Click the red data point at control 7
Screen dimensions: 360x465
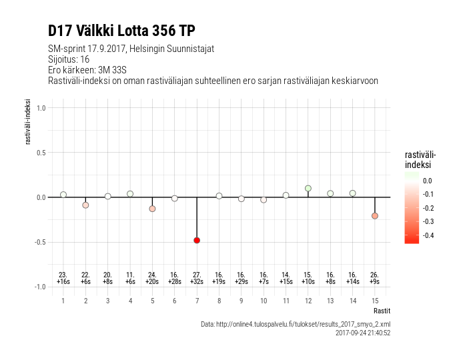(197, 240)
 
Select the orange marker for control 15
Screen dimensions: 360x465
(375, 216)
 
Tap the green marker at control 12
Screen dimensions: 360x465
(308, 189)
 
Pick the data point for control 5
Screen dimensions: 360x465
(152, 209)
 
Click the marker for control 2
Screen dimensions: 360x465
(85, 205)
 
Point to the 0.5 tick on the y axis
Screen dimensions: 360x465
(41, 153)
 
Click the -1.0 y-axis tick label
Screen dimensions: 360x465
(39, 287)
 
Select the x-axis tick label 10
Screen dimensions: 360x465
(264, 301)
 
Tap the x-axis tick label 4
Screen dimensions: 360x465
(130, 301)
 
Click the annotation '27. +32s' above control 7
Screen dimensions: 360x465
(197, 278)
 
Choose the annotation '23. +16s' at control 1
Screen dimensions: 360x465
(63, 278)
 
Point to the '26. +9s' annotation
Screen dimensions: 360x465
(375, 278)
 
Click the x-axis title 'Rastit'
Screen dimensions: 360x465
(382, 311)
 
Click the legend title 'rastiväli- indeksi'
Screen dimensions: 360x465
(420, 159)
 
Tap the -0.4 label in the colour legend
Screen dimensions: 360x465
(428, 235)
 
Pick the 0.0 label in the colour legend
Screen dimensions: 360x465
(428, 180)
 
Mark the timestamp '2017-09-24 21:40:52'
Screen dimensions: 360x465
(362, 333)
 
